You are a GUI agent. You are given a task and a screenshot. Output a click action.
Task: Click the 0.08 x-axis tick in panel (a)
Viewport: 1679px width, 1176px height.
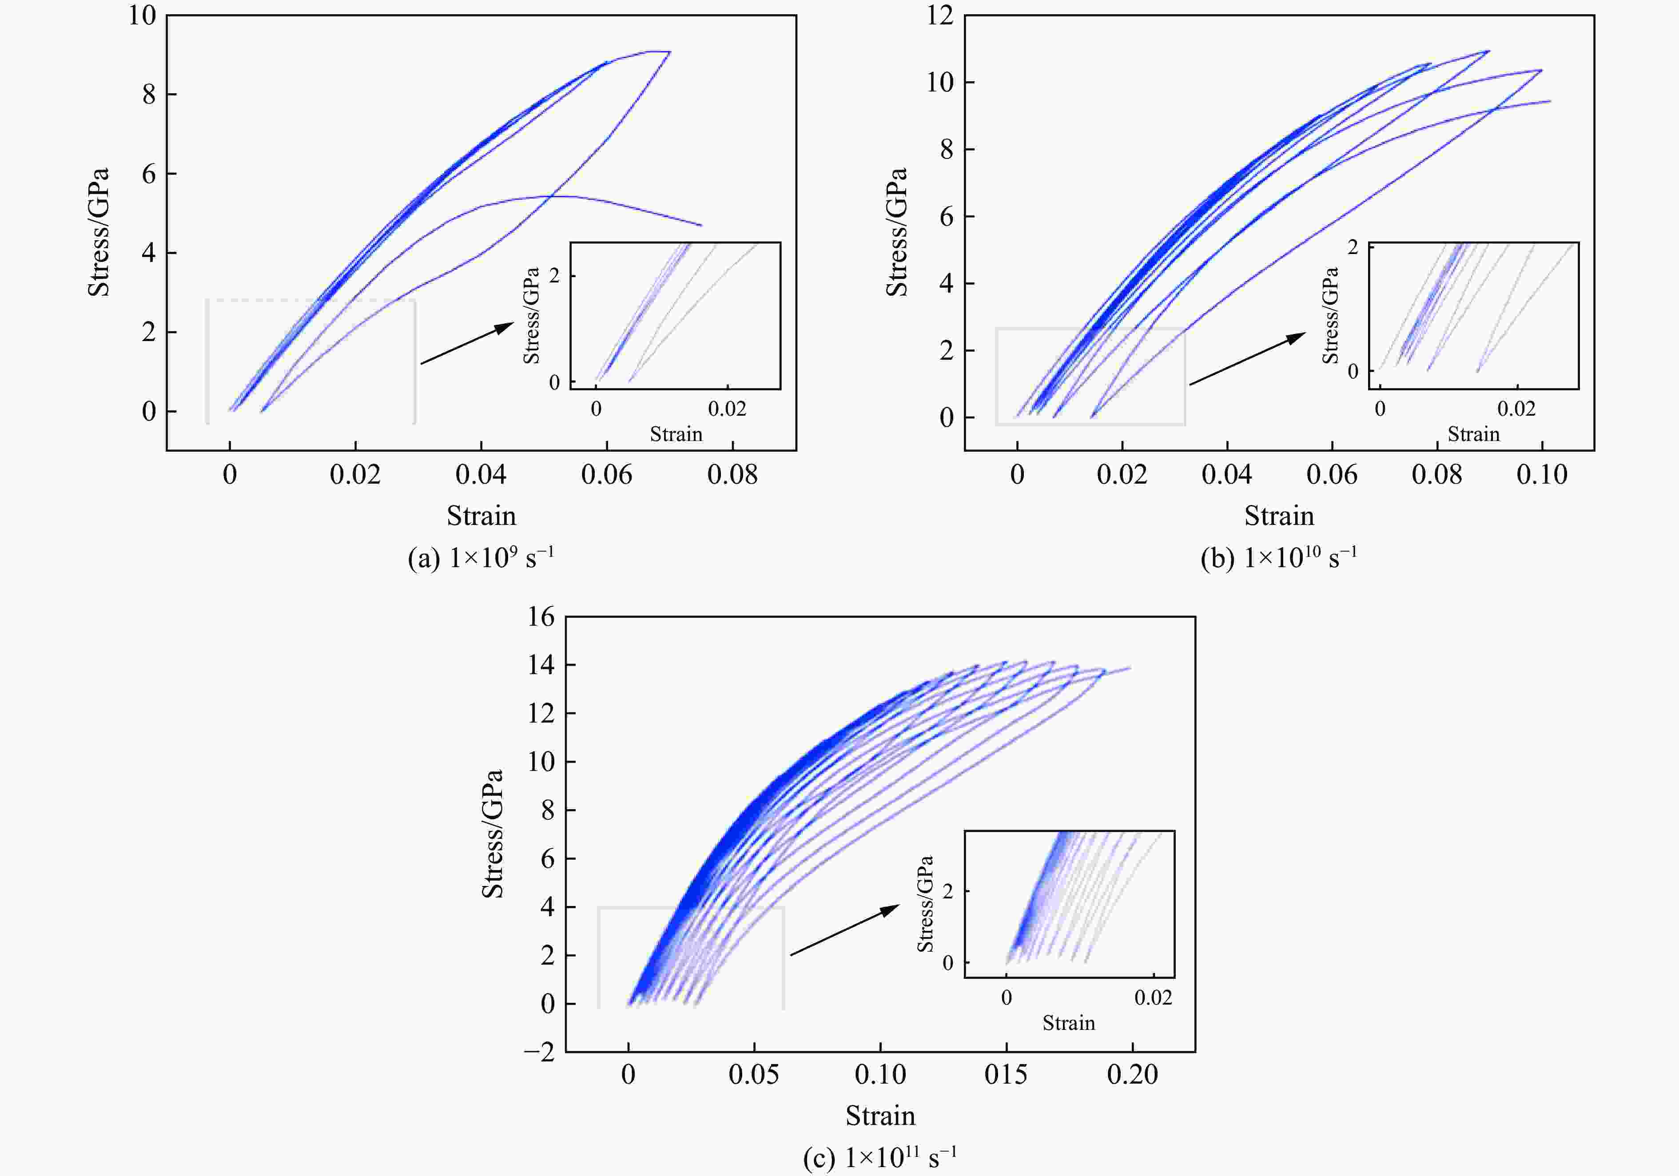[732, 475]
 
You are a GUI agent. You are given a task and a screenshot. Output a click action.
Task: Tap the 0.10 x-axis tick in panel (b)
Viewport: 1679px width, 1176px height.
[1541, 475]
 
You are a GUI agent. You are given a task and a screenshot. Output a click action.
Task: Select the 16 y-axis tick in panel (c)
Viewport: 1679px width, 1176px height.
[541, 616]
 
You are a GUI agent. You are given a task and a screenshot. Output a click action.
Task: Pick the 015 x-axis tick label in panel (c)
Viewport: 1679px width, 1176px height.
[1006, 1074]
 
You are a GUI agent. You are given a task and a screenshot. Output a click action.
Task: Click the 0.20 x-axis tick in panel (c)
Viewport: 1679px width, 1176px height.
[1132, 1074]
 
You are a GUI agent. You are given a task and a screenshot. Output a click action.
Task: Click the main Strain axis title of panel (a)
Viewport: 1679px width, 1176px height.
[481, 516]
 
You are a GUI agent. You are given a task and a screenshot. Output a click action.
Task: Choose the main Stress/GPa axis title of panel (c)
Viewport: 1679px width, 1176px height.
[492, 833]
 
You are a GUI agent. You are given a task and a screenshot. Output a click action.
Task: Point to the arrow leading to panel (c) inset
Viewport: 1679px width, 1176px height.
[845, 930]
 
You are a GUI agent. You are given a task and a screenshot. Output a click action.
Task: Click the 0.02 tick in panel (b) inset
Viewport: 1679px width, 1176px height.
[1516, 409]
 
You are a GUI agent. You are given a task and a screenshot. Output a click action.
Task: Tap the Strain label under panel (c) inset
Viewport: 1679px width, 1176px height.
[1068, 1023]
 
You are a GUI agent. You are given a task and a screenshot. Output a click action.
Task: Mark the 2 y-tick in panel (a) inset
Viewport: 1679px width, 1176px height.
[554, 276]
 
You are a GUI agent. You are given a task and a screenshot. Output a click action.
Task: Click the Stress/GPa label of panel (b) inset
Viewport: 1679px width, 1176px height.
[1330, 315]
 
